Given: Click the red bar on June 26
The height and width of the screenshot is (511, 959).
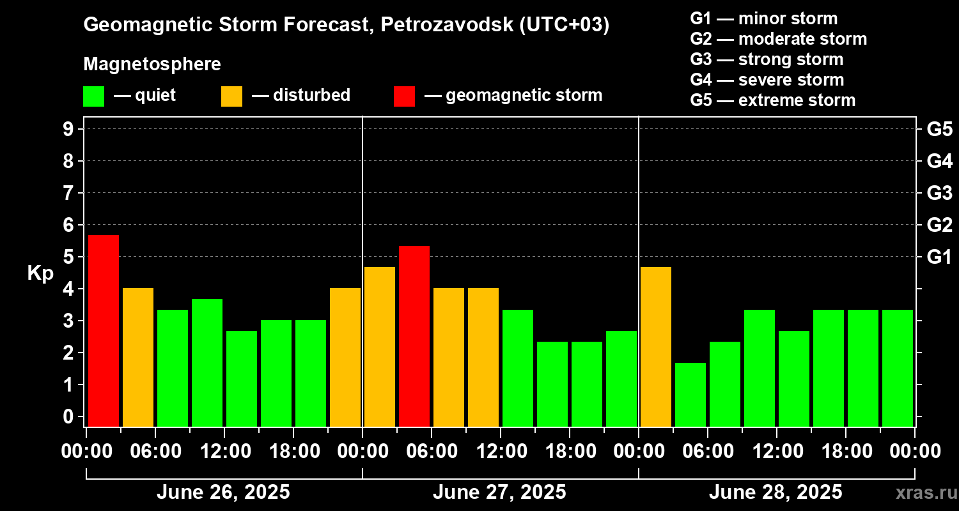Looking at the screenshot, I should [x=104, y=330].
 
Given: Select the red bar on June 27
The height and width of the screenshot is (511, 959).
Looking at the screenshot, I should [x=414, y=336].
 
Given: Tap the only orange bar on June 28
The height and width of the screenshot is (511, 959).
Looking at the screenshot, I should [x=656, y=346].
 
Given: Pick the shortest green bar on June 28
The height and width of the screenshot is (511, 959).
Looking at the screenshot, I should [x=690, y=394].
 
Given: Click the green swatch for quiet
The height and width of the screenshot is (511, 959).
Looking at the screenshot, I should [x=93, y=96].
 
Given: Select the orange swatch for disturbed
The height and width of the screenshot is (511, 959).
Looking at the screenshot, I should [x=231, y=96].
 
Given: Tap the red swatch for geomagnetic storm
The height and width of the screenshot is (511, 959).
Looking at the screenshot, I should [x=404, y=96].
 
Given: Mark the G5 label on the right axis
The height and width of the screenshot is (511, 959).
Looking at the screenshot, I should [x=939, y=129].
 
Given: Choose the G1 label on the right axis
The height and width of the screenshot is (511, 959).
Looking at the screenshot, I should [x=939, y=257].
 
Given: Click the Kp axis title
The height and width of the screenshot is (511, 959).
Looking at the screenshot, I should [x=40, y=273].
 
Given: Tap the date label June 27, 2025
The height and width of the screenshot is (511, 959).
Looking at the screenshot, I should [x=499, y=492].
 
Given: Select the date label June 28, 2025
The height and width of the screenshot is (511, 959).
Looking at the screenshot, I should [x=776, y=492].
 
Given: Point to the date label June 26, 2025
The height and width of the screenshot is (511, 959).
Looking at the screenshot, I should [x=223, y=492].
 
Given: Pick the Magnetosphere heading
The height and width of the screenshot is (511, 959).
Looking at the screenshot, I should [x=152, y=65].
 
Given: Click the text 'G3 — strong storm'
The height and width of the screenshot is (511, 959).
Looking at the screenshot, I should [x=767, y=59].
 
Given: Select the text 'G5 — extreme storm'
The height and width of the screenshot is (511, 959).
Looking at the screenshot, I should [x=772, y=100].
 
